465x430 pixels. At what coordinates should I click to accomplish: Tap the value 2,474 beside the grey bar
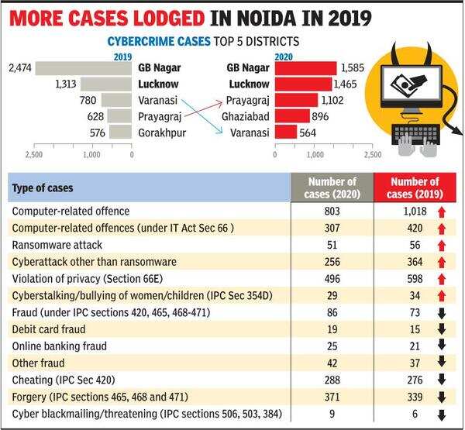(x=19, y=69)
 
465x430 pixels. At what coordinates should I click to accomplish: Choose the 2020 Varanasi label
(x=249, y=132)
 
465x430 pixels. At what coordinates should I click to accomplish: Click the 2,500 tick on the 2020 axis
(x=371, y=155)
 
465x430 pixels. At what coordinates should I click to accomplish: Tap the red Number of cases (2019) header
(x=413, y=187)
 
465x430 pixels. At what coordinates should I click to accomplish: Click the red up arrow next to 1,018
(x=440, y=211)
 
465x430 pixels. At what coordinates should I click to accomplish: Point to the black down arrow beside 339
(x=440, y=397)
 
